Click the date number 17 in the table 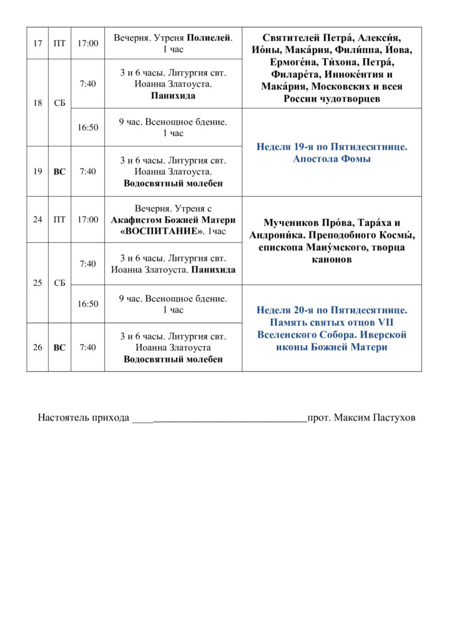tap(37, 43)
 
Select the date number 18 tap(37, 102)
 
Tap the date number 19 tap(37, 172)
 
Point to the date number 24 tap(37, 219)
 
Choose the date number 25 tap(37, 283)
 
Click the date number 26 tap(37, 348)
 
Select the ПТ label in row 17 tap(59, 43)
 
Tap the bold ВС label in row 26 tap(59, 348)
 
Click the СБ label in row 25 tap(59, 283)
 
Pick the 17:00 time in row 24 tap(87, 219)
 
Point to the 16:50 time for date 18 tap(87, 127)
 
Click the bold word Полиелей tap(209, 37)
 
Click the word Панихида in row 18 tap(173, 96)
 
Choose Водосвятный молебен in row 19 tap(173, 183)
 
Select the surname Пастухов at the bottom tap(391, 417)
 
